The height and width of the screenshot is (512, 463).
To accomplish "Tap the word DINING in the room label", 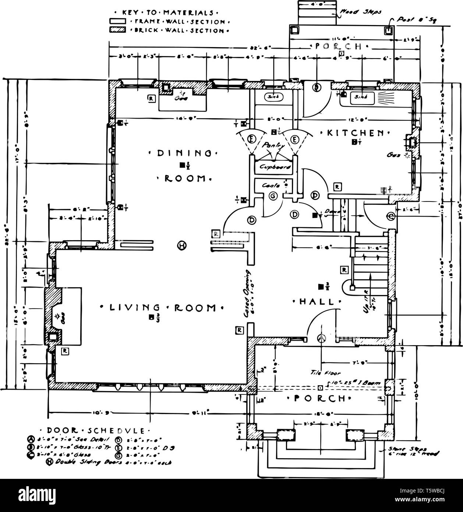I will pyautogui.click(x=184, y=153).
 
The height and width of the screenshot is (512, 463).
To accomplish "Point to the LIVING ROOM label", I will pyautogui.click(x=162, y=308).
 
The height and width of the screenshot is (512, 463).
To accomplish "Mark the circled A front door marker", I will pyautogui.click(x=322, y=338).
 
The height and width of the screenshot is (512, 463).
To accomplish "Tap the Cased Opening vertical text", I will pyautogui.click(x=246, y=293).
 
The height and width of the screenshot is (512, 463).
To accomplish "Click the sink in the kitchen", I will pyautogui.click(x=361, y=98).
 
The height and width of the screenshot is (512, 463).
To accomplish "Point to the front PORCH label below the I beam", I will pyautogui.click(x=319, y=399).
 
